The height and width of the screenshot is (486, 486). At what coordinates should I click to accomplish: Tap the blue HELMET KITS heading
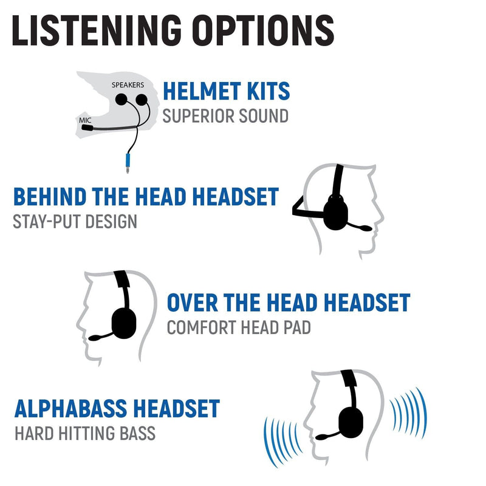226,91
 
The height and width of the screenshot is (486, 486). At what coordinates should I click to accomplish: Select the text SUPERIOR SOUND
226,115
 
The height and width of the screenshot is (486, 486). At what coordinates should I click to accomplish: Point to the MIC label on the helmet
86,120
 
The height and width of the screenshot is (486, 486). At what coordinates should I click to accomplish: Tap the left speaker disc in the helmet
122,98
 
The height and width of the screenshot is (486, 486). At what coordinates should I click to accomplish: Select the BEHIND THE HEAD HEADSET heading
146,197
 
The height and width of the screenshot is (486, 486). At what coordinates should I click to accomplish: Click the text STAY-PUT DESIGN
75,221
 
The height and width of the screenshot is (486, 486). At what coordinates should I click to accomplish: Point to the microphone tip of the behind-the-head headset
367,228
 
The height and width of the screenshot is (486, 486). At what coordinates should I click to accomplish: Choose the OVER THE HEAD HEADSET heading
288,303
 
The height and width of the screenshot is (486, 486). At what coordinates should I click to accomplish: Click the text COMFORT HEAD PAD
239,327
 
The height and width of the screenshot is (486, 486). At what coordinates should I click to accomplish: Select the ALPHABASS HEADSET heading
117,408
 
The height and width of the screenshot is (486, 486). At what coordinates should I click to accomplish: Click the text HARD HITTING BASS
84,433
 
